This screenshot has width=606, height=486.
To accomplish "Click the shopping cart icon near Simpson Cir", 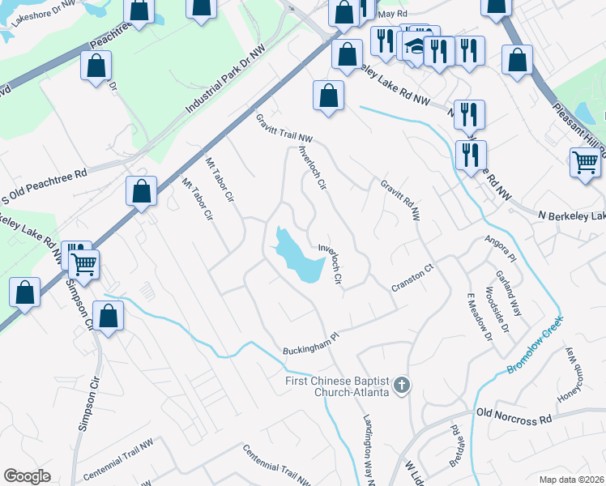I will click(x=84, y=262).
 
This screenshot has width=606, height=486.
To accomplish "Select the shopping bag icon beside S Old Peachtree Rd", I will click(x=141, y=192).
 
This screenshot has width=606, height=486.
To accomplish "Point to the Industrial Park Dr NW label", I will click(x=224, y=79).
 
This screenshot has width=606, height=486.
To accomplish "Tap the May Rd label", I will click(x=392, y=14).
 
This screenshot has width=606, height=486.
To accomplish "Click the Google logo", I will click(x=27, y=475).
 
